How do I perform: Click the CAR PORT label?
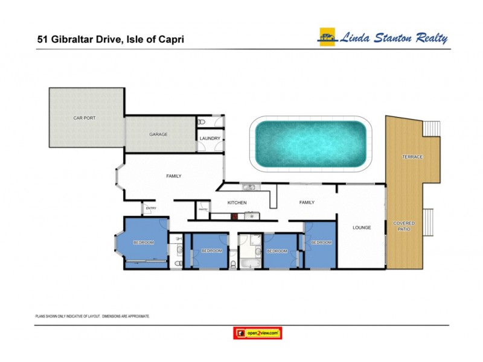click(85, 118)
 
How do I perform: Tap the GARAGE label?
click(158, 134)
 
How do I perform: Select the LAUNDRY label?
click(210, 139)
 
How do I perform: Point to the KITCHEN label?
click(237, 203)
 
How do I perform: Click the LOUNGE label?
click(362, 227)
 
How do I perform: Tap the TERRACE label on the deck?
click(413, 157)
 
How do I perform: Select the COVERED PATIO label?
click(404, 226)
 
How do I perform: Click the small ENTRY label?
click(150, 209)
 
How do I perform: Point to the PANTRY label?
click(203, 211)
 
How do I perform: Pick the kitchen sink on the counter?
click(248, 187)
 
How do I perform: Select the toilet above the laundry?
click(202, 122)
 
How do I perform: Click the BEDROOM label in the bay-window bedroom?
click(144, 243)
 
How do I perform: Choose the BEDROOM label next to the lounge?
click(321, 243)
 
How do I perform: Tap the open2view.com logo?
click(258, 332)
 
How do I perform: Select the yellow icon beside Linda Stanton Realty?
click(327, 37)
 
